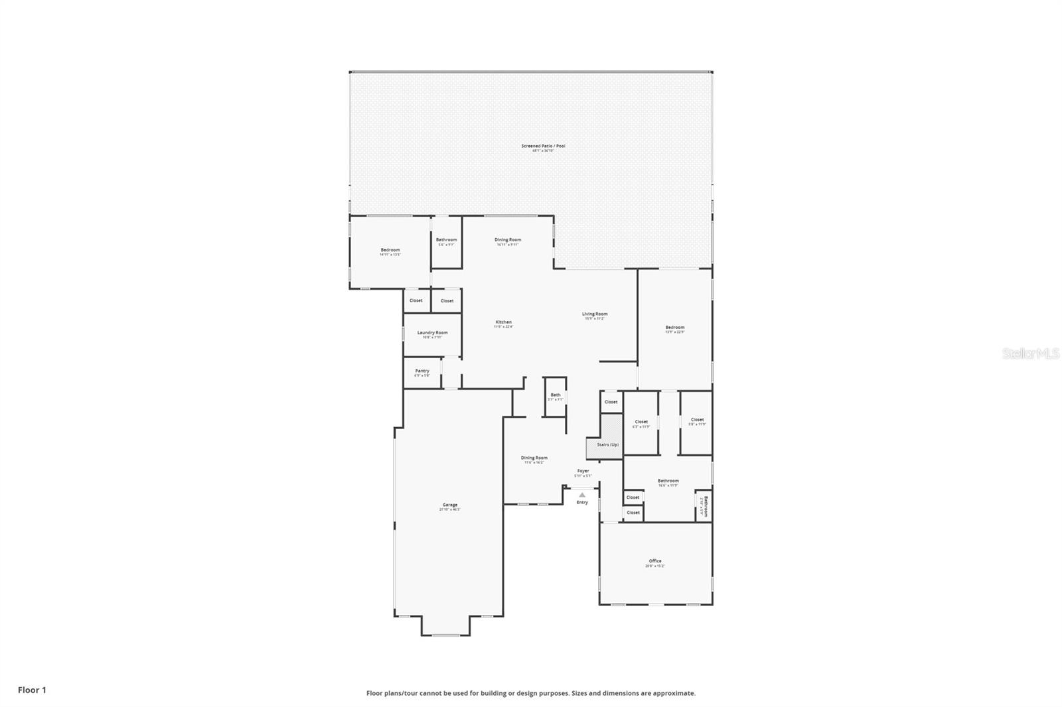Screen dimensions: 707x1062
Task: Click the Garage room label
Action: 449,505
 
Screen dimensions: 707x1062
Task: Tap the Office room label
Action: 654,562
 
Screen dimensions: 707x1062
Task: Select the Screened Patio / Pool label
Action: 543,147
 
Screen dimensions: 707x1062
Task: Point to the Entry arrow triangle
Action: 582,495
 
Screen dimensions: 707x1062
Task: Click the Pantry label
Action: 422,371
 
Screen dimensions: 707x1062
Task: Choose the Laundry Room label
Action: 432,333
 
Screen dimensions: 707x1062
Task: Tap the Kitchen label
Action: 503,323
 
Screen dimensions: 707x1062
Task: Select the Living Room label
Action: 595,314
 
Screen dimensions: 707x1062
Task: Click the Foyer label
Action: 583,472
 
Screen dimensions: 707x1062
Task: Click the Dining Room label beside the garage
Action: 534,458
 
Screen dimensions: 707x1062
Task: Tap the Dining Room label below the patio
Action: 508,240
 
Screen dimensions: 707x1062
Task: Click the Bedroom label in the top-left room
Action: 390,251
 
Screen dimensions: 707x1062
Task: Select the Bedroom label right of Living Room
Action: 674,328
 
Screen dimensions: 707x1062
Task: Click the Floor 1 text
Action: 32,690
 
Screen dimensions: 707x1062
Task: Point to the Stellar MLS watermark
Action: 1030,354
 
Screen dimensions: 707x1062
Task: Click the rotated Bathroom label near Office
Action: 706,507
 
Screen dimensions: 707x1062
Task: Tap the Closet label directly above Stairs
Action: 611,402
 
